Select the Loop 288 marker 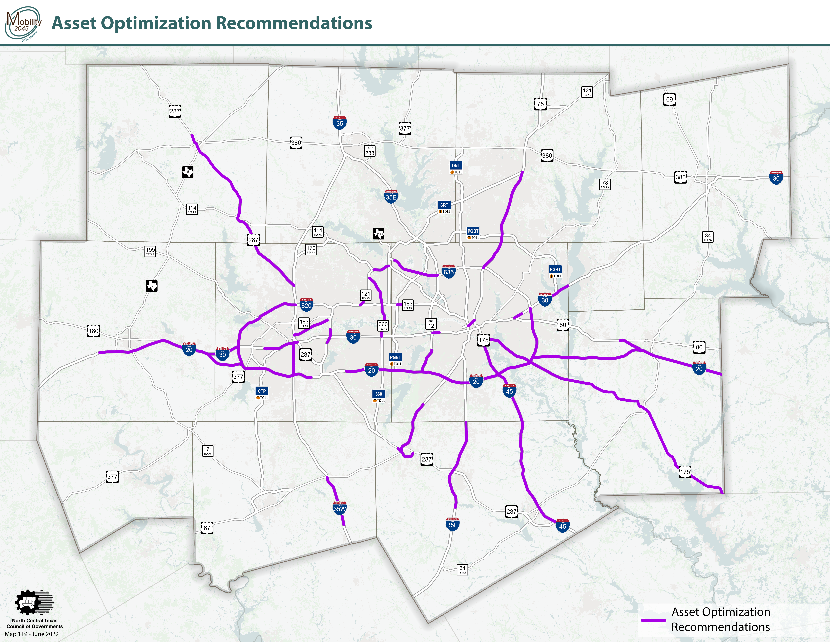coord(369,151)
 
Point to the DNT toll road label coord(456,166)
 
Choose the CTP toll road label coord(262,391)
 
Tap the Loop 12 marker coord(431,324)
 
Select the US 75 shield coord(540,104)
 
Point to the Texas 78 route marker coord(605,184)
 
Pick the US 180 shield coord(93,331)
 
